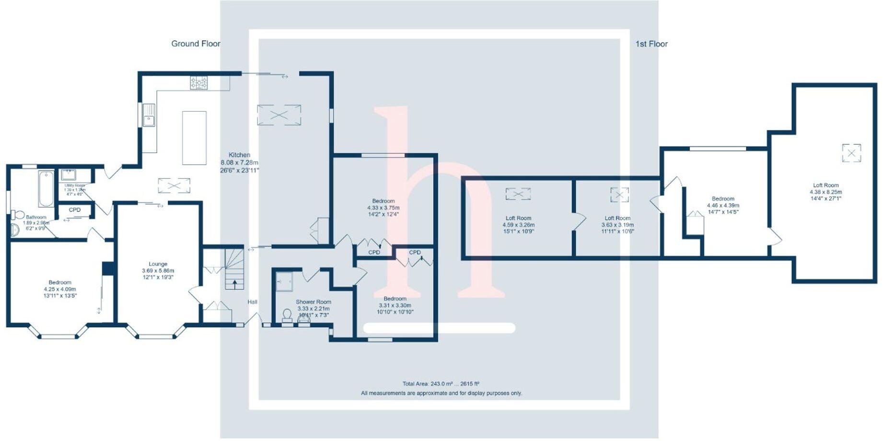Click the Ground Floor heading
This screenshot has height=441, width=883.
tap(196, 44)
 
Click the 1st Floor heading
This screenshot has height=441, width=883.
tap(651, 44)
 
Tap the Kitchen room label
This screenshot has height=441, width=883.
tap(239, 155)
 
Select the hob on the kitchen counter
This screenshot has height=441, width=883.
tap(199, 82)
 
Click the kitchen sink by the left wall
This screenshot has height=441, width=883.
tap(149, 115)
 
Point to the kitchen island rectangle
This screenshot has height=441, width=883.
tap(194, 138)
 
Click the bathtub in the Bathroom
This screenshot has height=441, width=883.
tap(46, 188)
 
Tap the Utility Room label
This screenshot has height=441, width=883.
tap(74, 186)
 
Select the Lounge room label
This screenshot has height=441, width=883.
tap(158, 264)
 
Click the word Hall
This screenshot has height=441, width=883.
tap(252, 302)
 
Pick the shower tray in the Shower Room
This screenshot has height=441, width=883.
tap(284, 281)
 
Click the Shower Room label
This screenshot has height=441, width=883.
tap(313, 302)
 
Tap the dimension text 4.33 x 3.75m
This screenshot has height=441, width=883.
tap(383, 208)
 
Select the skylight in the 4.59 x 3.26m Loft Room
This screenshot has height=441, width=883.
tap(518, 194)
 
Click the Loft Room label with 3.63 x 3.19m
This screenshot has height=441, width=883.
tap(617, 218)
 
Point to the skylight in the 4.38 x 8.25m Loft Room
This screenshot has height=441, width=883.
tap(851, 153)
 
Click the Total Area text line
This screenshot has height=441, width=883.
tap(441, 383)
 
